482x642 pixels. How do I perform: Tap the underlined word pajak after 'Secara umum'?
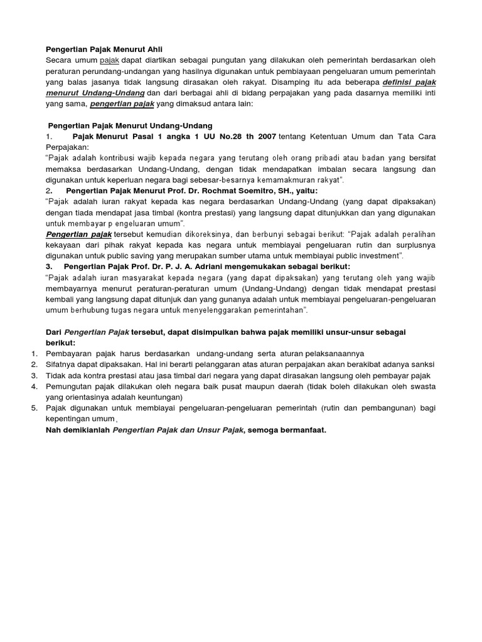(109, 60)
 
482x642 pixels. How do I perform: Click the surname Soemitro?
(258, 191)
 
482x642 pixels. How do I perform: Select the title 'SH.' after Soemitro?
(285, 191)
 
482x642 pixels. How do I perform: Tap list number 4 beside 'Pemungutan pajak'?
(35, 386)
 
